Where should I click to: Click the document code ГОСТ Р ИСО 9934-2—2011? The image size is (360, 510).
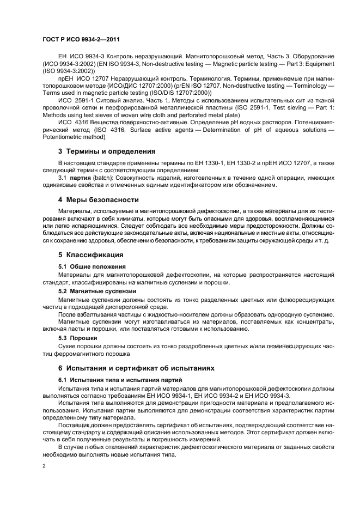[x=81, y=40]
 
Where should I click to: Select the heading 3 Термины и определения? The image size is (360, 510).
[x=107, y=151]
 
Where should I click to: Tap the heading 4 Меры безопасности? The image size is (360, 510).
[x=99, y=200]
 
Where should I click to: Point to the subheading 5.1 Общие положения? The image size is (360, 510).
[x=92, y=266]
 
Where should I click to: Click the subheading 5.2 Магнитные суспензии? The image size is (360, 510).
[x=97, y=292]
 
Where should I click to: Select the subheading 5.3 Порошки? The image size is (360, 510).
[x=78, y=338]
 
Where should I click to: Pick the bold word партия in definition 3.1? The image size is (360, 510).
[x=83, y=178]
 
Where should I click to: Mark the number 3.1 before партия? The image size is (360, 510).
[x=63, y=178]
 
